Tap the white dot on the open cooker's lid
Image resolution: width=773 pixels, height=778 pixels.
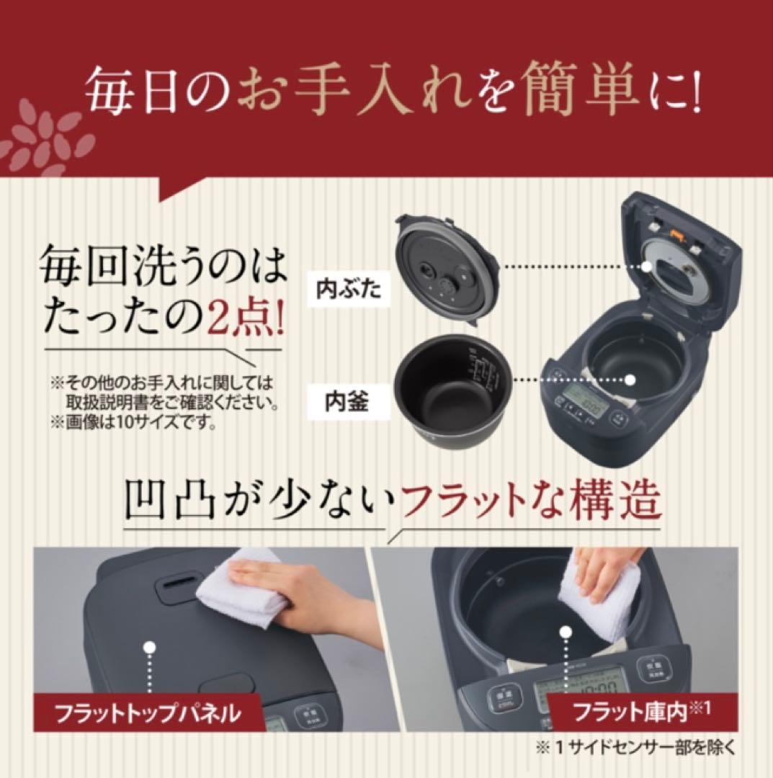click(648, 267)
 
